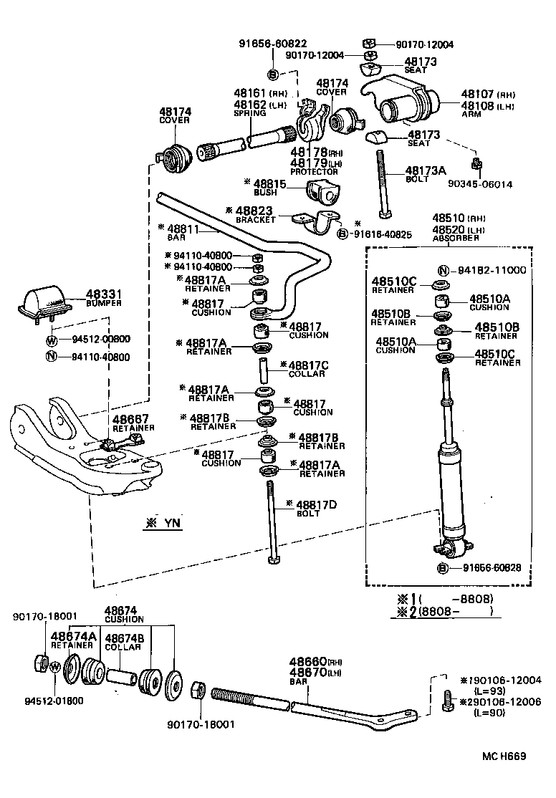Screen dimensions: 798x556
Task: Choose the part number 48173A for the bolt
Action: click(x=426, y=170)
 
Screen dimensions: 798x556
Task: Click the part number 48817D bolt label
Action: click(x=316, y=505)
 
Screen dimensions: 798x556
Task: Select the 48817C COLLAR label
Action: click(x=309, y=365)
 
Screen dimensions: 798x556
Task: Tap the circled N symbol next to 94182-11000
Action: click(x=444, y=270)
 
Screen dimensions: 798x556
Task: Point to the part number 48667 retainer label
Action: click(x=130, y=419)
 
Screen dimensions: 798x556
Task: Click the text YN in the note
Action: click(x=173, y=524)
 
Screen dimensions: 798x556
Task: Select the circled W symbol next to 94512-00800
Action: click(x=52, y=340)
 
